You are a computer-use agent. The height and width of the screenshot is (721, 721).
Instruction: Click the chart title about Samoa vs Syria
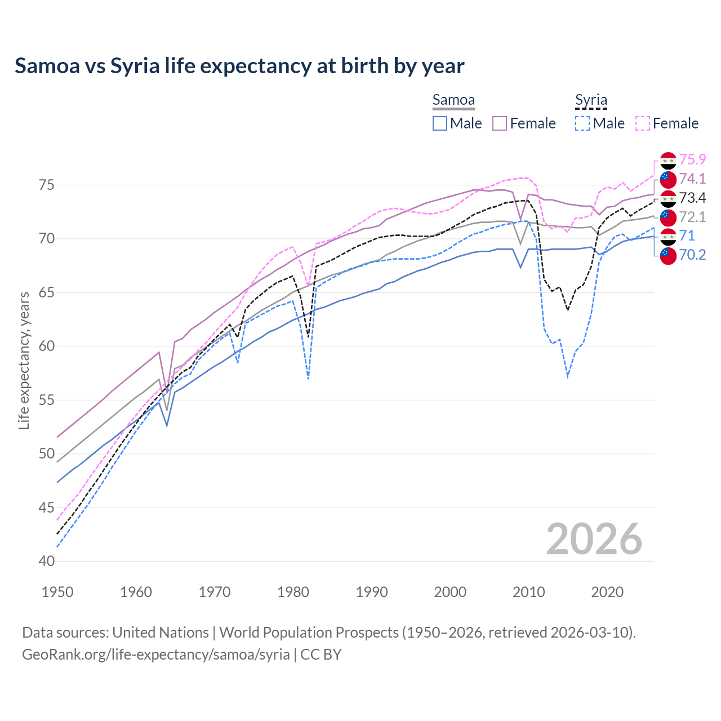(239, 66)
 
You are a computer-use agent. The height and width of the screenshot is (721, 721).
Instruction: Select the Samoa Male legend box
(440, 123)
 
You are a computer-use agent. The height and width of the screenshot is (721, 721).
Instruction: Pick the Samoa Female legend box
(500, 123)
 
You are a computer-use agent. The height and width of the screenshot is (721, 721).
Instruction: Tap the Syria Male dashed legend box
(582, 123)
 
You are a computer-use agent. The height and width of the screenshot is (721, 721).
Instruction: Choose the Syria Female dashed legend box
(643, 123)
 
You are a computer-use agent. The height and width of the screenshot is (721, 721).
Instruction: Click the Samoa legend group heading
(453, 100)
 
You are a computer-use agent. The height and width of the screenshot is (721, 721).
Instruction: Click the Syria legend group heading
(591, 100)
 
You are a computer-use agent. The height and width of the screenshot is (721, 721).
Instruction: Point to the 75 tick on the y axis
(47, 185)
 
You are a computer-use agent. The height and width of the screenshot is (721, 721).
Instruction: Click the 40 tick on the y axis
(47, 562)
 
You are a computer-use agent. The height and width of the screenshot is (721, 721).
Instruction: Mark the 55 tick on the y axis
(47, 400)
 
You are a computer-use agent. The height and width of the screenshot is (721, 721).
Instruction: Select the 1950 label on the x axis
(57, 592)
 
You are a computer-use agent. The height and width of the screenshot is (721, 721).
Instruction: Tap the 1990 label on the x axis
(372, 592)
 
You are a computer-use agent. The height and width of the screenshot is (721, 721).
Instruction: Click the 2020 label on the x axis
(607, 592)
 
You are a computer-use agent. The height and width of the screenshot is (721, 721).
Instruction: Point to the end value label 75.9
(692, 160)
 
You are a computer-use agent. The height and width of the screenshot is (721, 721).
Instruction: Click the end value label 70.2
(692, 255)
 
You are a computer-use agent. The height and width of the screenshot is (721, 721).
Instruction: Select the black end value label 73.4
(692, 198)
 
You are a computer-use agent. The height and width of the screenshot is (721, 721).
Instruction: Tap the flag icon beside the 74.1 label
(668, 179)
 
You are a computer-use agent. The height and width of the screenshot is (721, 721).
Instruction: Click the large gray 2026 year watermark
(594, 539)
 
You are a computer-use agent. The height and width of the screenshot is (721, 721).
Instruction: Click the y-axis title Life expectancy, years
(24, 360)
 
